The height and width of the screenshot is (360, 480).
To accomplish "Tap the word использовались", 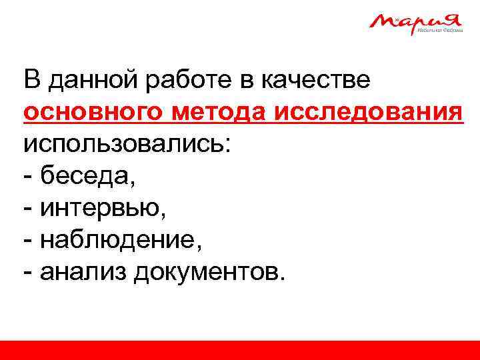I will point(127,145).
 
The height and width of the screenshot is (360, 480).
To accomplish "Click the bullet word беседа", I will point(87,176).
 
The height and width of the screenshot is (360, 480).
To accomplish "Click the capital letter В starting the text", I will point(32,81).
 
